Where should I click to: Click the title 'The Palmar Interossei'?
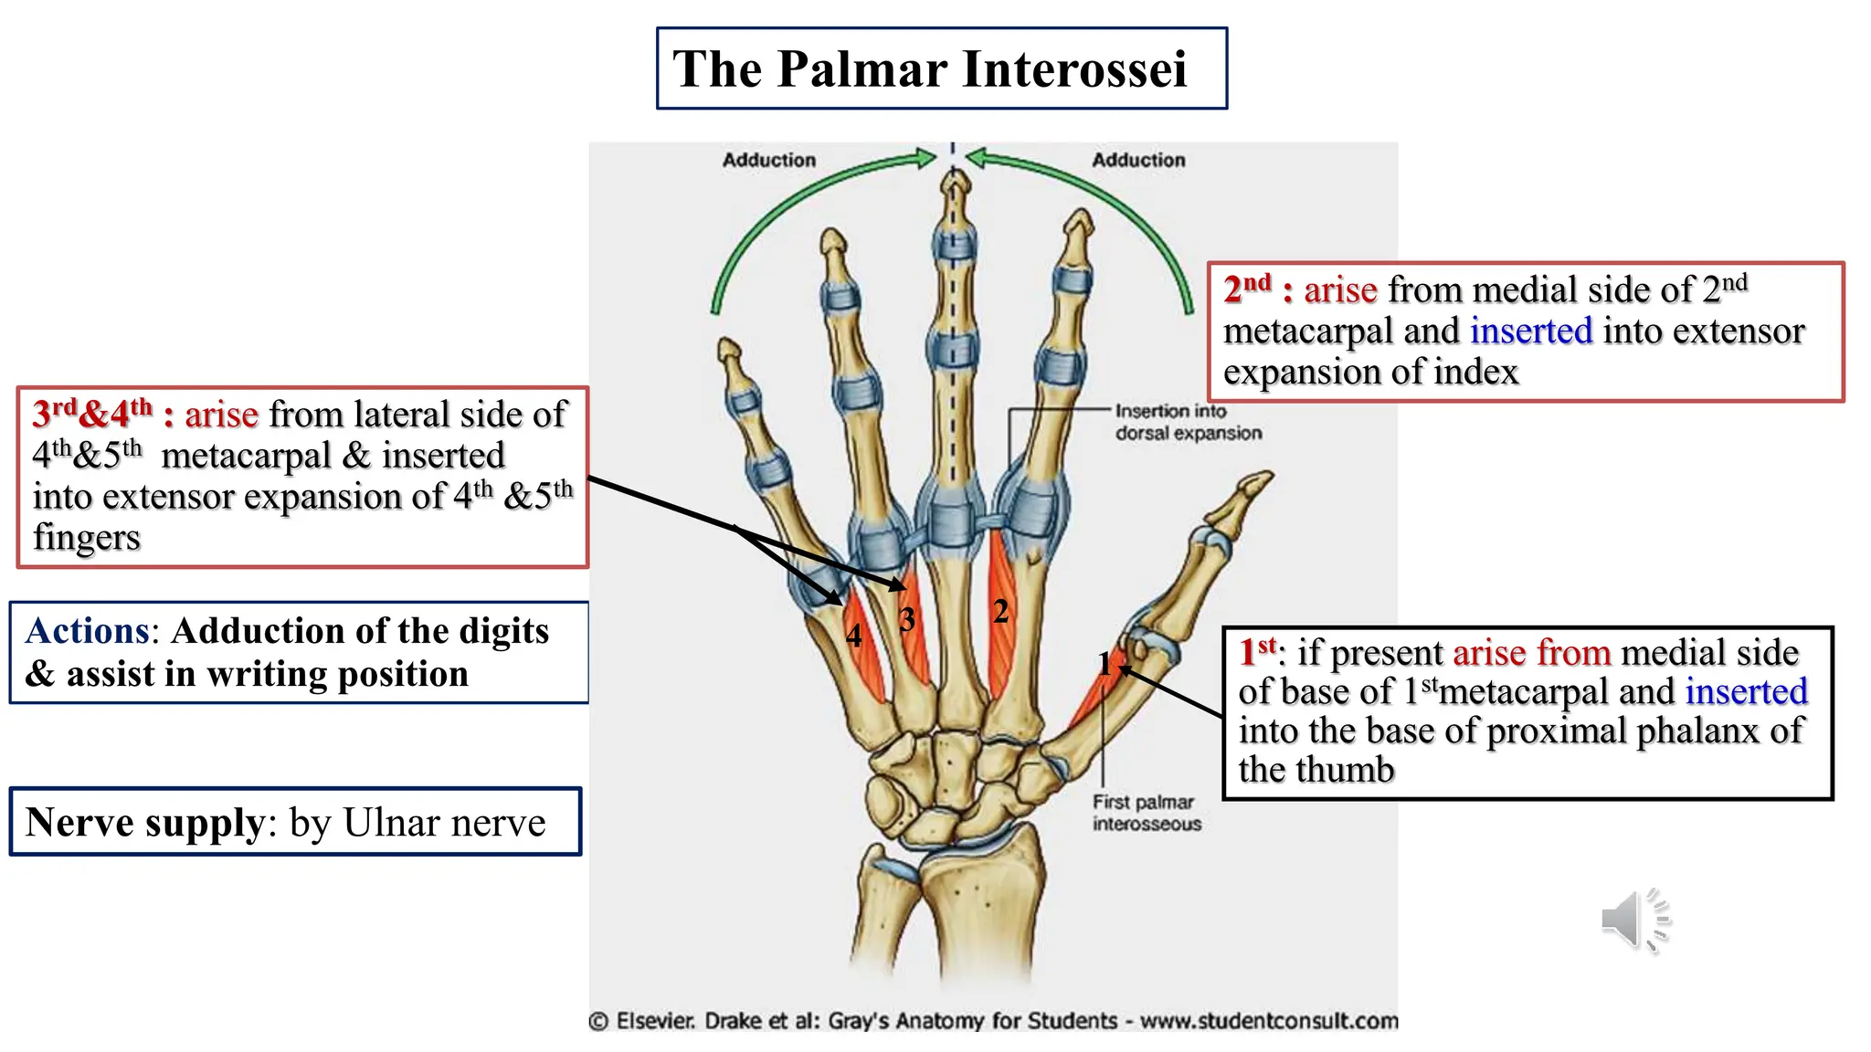[930, 69]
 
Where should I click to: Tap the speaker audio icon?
[1633, 920]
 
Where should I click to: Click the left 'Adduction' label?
[768, 160]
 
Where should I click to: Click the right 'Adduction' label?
[1138, 160]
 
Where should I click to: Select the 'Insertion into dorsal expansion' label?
[1188, 422]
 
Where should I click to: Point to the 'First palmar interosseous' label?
[1147, 813]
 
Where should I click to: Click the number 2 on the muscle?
[1001, 611]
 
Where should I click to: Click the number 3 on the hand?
[906, 620]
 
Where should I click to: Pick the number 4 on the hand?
[853, 635]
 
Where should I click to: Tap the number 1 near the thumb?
[1105, 664]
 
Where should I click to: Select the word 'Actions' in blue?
[88, 631]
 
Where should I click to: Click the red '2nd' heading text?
[1247, 289]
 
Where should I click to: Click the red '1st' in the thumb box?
[1258, 652]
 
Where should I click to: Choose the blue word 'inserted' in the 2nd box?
[1531, 331]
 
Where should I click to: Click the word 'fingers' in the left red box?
[87, 537]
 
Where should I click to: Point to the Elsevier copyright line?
[993, 1021]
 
